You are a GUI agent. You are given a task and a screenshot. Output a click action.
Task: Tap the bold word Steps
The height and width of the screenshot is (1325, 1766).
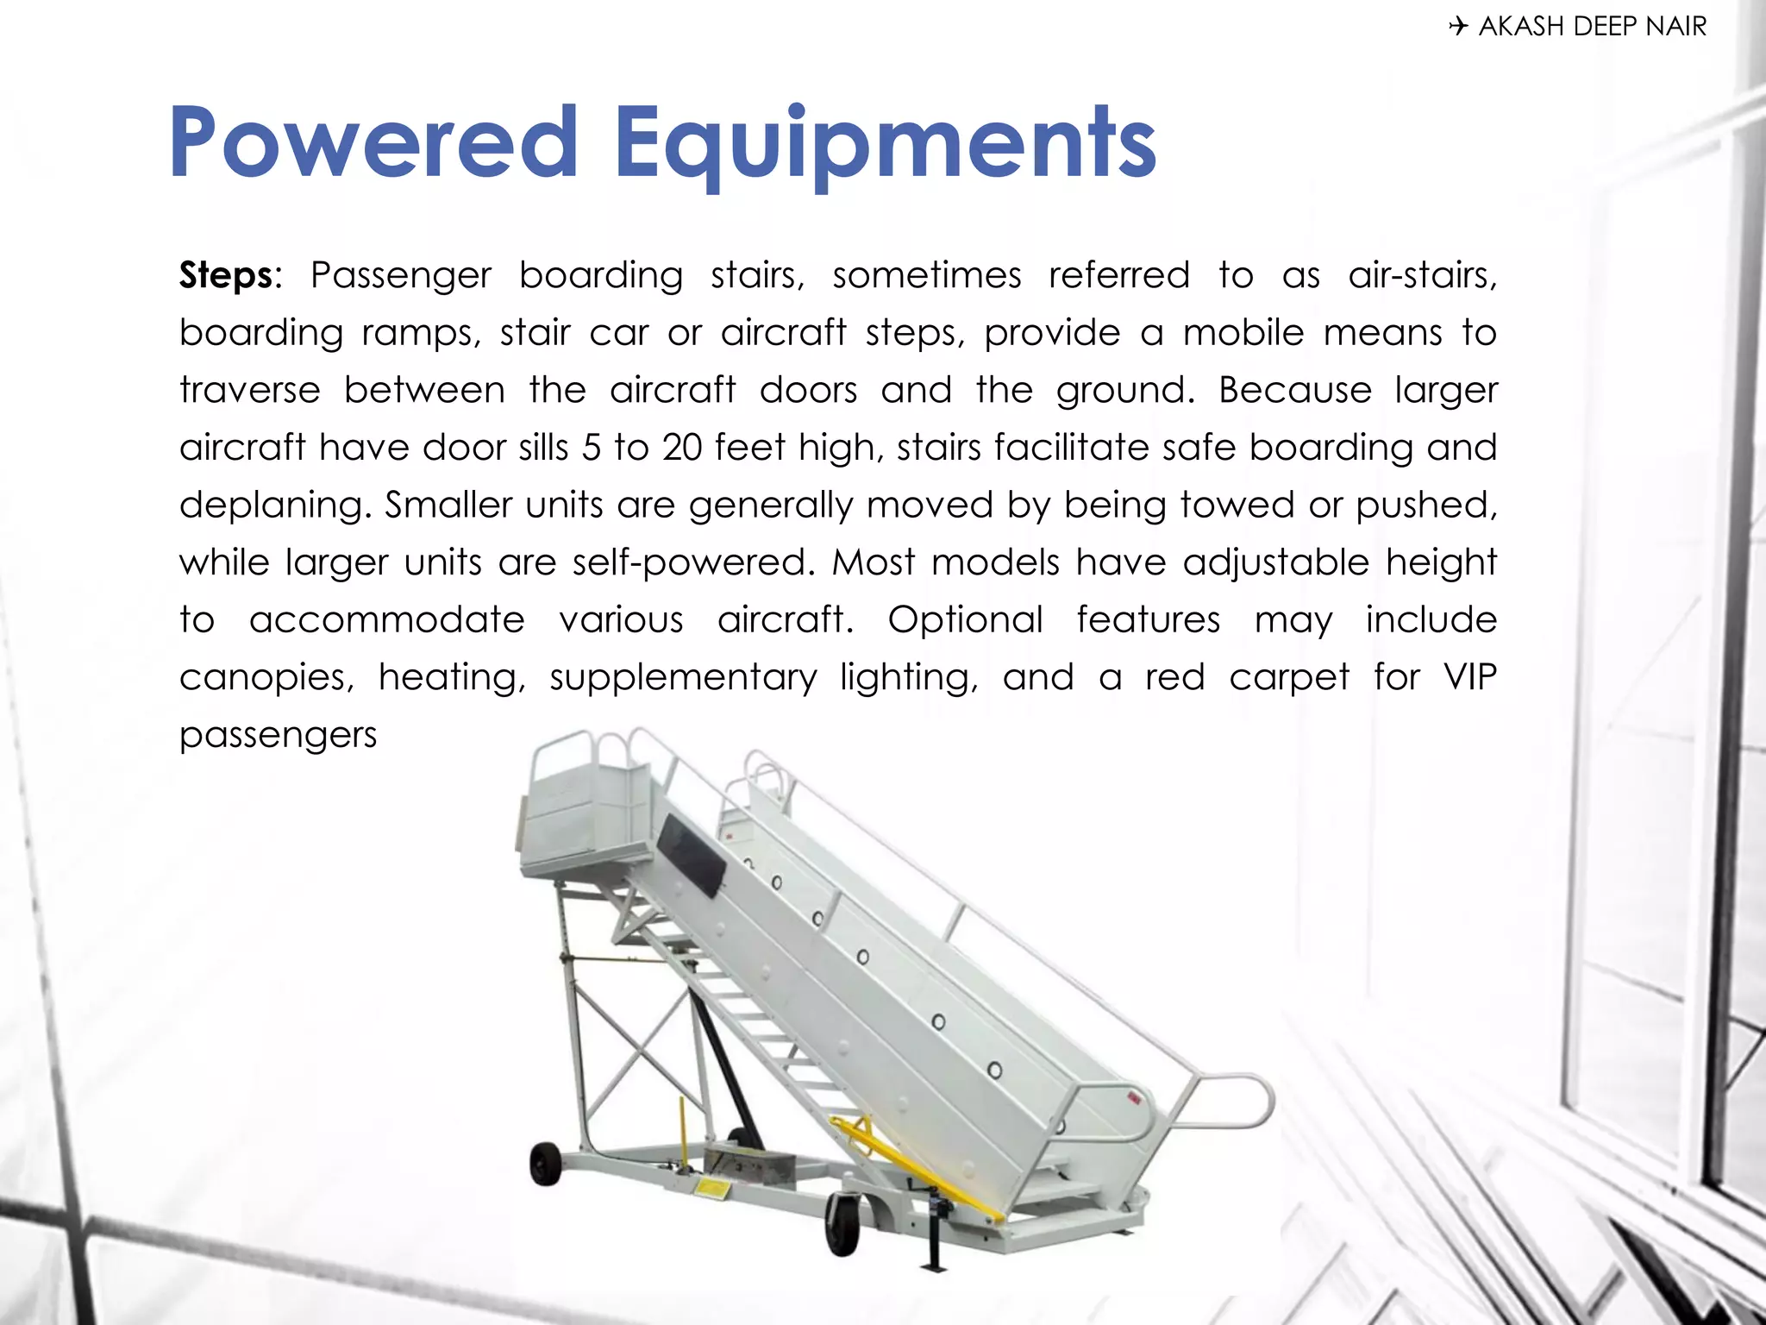[227, 276]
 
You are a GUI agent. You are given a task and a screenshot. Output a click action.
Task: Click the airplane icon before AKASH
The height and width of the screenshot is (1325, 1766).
[1457, 27]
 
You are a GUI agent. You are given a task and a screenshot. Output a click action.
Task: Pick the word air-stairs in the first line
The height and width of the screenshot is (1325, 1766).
[1422, 276]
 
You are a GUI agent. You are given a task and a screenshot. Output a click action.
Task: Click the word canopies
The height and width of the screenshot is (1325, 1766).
[266, 678]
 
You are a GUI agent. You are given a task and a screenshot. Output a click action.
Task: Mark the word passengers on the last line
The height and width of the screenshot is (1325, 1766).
[278, 735]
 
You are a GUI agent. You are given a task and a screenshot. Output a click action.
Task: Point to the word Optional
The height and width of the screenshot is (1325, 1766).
[965, 619]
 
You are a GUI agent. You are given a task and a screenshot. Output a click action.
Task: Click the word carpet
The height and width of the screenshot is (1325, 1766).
[1289, 678]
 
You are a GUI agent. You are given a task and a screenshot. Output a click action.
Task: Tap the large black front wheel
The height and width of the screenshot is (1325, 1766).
[842, 1222]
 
